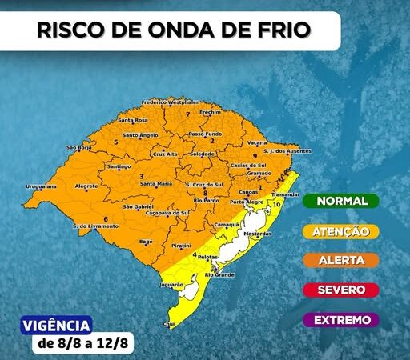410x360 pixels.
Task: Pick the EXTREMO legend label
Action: click(x=342, y=320)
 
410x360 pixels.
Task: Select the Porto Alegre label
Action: click(x=247, y=202)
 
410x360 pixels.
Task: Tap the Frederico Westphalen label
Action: click(x=170, y=102)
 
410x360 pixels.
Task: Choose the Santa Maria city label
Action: click(x=156, y=184)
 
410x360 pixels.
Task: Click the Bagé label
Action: click(x=146, y=241)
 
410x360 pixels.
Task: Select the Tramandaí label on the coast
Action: click(x=285, y=194)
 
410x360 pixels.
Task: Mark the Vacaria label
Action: click(x=257, y=142)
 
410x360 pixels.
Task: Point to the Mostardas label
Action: click(x=257, y=234)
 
